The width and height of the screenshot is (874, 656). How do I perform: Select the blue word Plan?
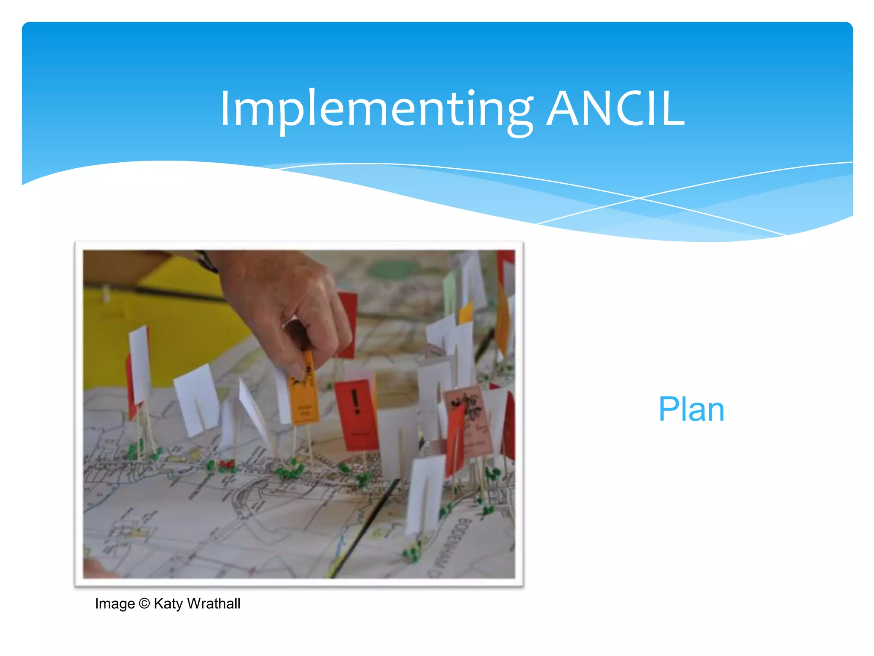[691, 409]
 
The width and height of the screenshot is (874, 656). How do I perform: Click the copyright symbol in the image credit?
[144, 603]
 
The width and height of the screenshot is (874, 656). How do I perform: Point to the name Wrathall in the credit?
[214, 603]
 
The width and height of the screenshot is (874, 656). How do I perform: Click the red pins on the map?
[226, 463]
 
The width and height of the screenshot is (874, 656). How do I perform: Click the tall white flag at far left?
[140, 363]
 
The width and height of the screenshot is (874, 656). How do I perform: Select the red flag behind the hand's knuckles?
[348, 322]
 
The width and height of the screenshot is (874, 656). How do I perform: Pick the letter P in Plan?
[667, 409]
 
